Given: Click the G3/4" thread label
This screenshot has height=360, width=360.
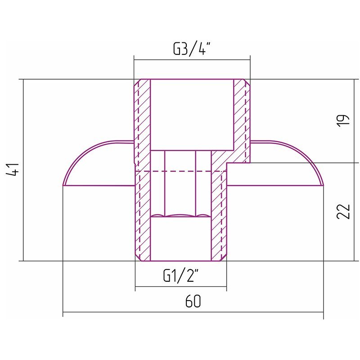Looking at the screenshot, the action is pos(192,49).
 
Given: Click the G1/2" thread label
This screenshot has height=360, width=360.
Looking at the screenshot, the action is pos(181,275).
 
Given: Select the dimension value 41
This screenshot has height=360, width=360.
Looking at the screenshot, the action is pos(13,170).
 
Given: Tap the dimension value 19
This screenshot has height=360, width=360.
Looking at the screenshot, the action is pos(343,121).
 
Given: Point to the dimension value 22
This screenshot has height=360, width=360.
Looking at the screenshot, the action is pos(343,211).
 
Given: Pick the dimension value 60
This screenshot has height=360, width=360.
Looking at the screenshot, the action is pos(193,301).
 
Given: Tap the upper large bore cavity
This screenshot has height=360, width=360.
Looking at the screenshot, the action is pos(192,115).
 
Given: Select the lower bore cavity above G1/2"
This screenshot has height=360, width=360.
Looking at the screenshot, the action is pos(181,239).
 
